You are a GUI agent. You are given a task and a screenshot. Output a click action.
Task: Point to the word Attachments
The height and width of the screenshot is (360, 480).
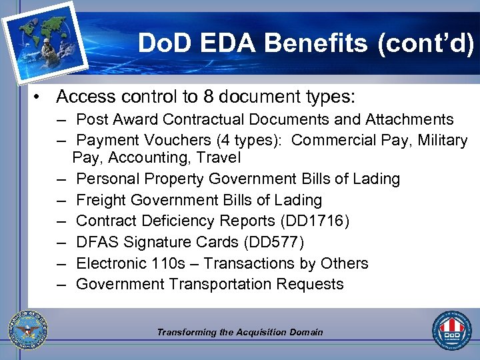(x=409, y=120)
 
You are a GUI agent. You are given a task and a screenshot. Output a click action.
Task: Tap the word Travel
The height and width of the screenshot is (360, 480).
(x=215, y=158)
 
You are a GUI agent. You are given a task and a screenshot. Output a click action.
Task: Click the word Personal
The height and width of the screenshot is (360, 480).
(x=106, y=179)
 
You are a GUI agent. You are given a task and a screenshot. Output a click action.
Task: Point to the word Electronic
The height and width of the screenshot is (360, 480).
(x=111, y=263)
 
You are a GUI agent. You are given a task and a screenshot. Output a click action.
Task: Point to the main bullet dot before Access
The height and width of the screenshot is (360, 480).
(x=41, y=97)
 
